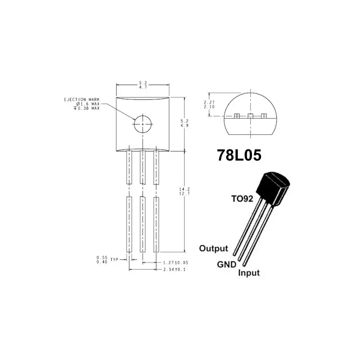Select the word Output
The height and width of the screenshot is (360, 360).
[214, 248]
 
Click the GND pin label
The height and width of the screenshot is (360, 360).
[226, 265]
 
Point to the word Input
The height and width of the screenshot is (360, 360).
[248, 273]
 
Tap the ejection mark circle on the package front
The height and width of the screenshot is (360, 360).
[143, 123]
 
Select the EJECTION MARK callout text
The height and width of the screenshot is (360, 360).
[81, 99]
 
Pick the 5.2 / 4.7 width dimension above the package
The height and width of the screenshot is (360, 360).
[143, 85]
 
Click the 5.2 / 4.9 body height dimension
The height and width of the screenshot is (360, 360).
[184, 123]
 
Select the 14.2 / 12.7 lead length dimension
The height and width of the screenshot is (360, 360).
[184, 191]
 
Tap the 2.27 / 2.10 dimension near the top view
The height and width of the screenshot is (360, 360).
[209, 104]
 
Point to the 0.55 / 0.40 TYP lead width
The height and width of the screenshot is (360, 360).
[106, 260]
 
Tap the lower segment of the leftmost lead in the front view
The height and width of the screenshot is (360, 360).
[129, 224]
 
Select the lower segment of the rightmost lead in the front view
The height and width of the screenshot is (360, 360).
[157, 224]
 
